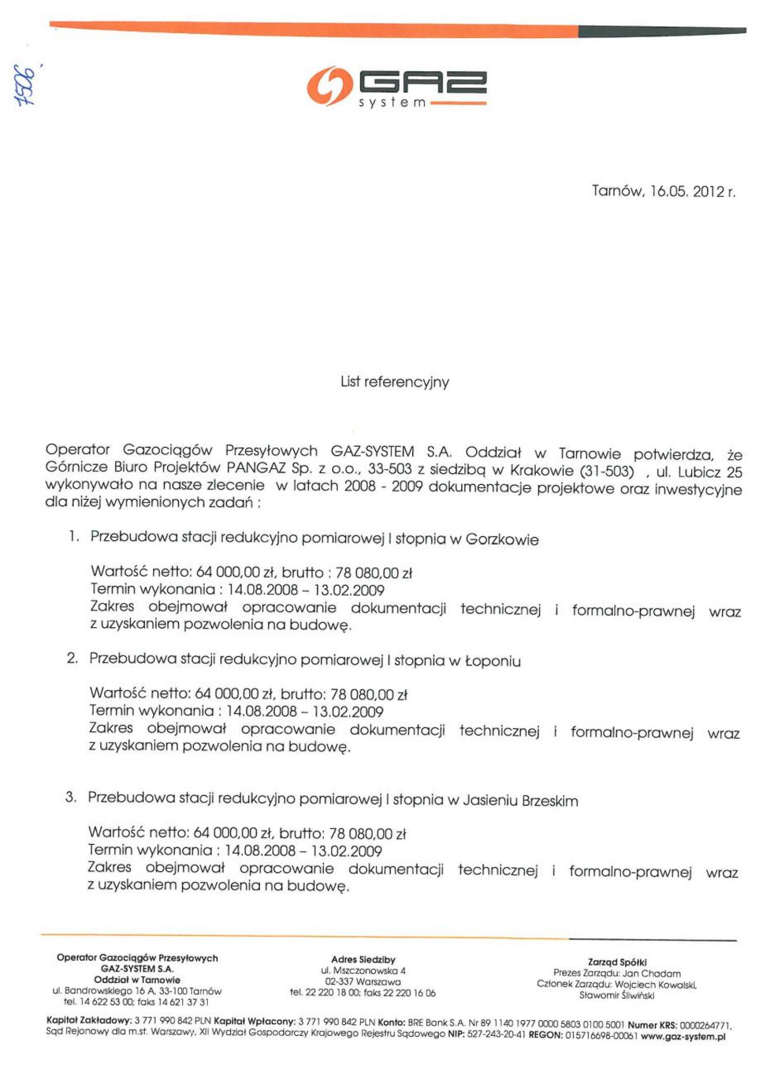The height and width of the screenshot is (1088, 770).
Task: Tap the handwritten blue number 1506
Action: click(24, 86)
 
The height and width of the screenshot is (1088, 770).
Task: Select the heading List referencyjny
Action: click(395, 382)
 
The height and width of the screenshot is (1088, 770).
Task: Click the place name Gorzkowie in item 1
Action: click(502, 540)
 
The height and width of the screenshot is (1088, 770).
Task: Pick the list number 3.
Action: click(71, 797)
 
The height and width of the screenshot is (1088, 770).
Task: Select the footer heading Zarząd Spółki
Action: click(617, 962)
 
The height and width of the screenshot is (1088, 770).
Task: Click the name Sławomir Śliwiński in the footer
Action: click(617, 995)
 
